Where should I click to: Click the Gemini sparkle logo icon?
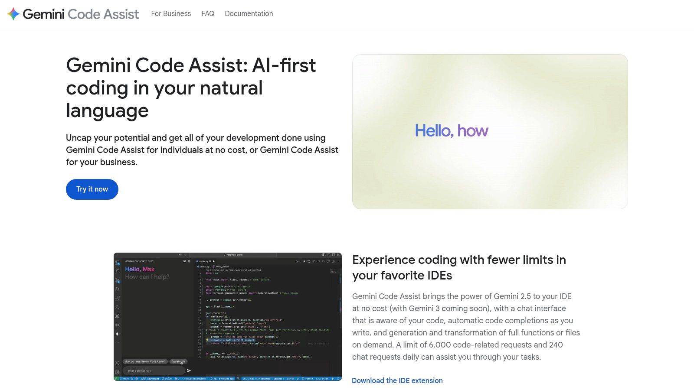tap(13, 14)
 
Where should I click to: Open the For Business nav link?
tap(171, 14)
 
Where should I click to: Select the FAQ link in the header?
tap(208, 14)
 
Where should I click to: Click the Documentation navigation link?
tap(249, 14)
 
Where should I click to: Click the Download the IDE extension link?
tap(397, 380)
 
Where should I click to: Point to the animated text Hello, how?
tap(452, 131)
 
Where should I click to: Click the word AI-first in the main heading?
tap(284, 65)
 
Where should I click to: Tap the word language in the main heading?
tap(107, 110)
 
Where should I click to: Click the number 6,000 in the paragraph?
tap(444, 345)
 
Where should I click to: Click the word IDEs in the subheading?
tap(438, 276)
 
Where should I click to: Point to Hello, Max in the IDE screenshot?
tap(140, 269)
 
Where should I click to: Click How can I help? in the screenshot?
tap(147, 277)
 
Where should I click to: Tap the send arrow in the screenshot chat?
tap(189, 370)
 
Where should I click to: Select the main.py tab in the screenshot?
tap(204, 261)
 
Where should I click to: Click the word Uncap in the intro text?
tap(79, 138)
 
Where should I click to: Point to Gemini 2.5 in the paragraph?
tap(511, 296)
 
